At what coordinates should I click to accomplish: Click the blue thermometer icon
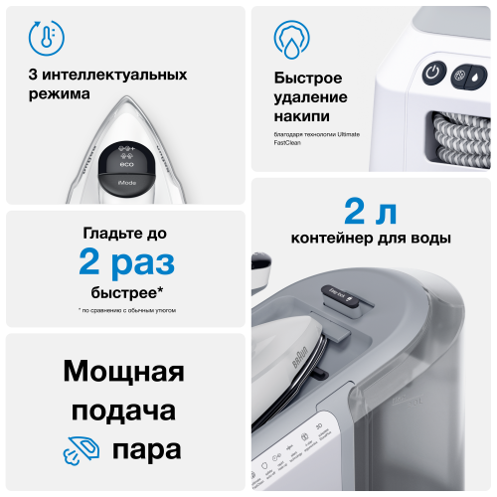(43, 38)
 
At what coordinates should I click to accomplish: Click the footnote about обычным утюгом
(126, 312)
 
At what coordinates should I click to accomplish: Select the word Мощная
(124, 374)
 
